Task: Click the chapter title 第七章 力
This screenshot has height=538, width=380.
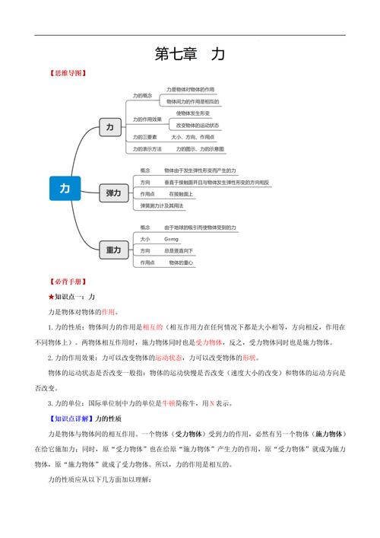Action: click(x=189, y=54)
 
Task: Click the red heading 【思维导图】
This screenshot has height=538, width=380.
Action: click(x=67, y=74)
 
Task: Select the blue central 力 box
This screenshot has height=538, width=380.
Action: click(x=65, y=188)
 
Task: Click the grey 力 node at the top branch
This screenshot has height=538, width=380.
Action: click(x=110, y=128)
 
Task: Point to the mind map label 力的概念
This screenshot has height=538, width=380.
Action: click(x=142, y=96)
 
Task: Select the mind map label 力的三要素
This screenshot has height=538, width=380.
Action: click(x=144, y=137)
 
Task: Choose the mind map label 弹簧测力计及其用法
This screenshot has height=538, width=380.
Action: click(x=161, y=206)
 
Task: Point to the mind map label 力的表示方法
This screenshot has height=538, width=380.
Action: click(x=147, y=149)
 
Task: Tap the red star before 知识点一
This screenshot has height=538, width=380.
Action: click(x=51, y=297)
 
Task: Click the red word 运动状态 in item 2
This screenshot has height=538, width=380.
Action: click(x=168, y=358)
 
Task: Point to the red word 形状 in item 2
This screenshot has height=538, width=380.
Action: click(x=249, y=358)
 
